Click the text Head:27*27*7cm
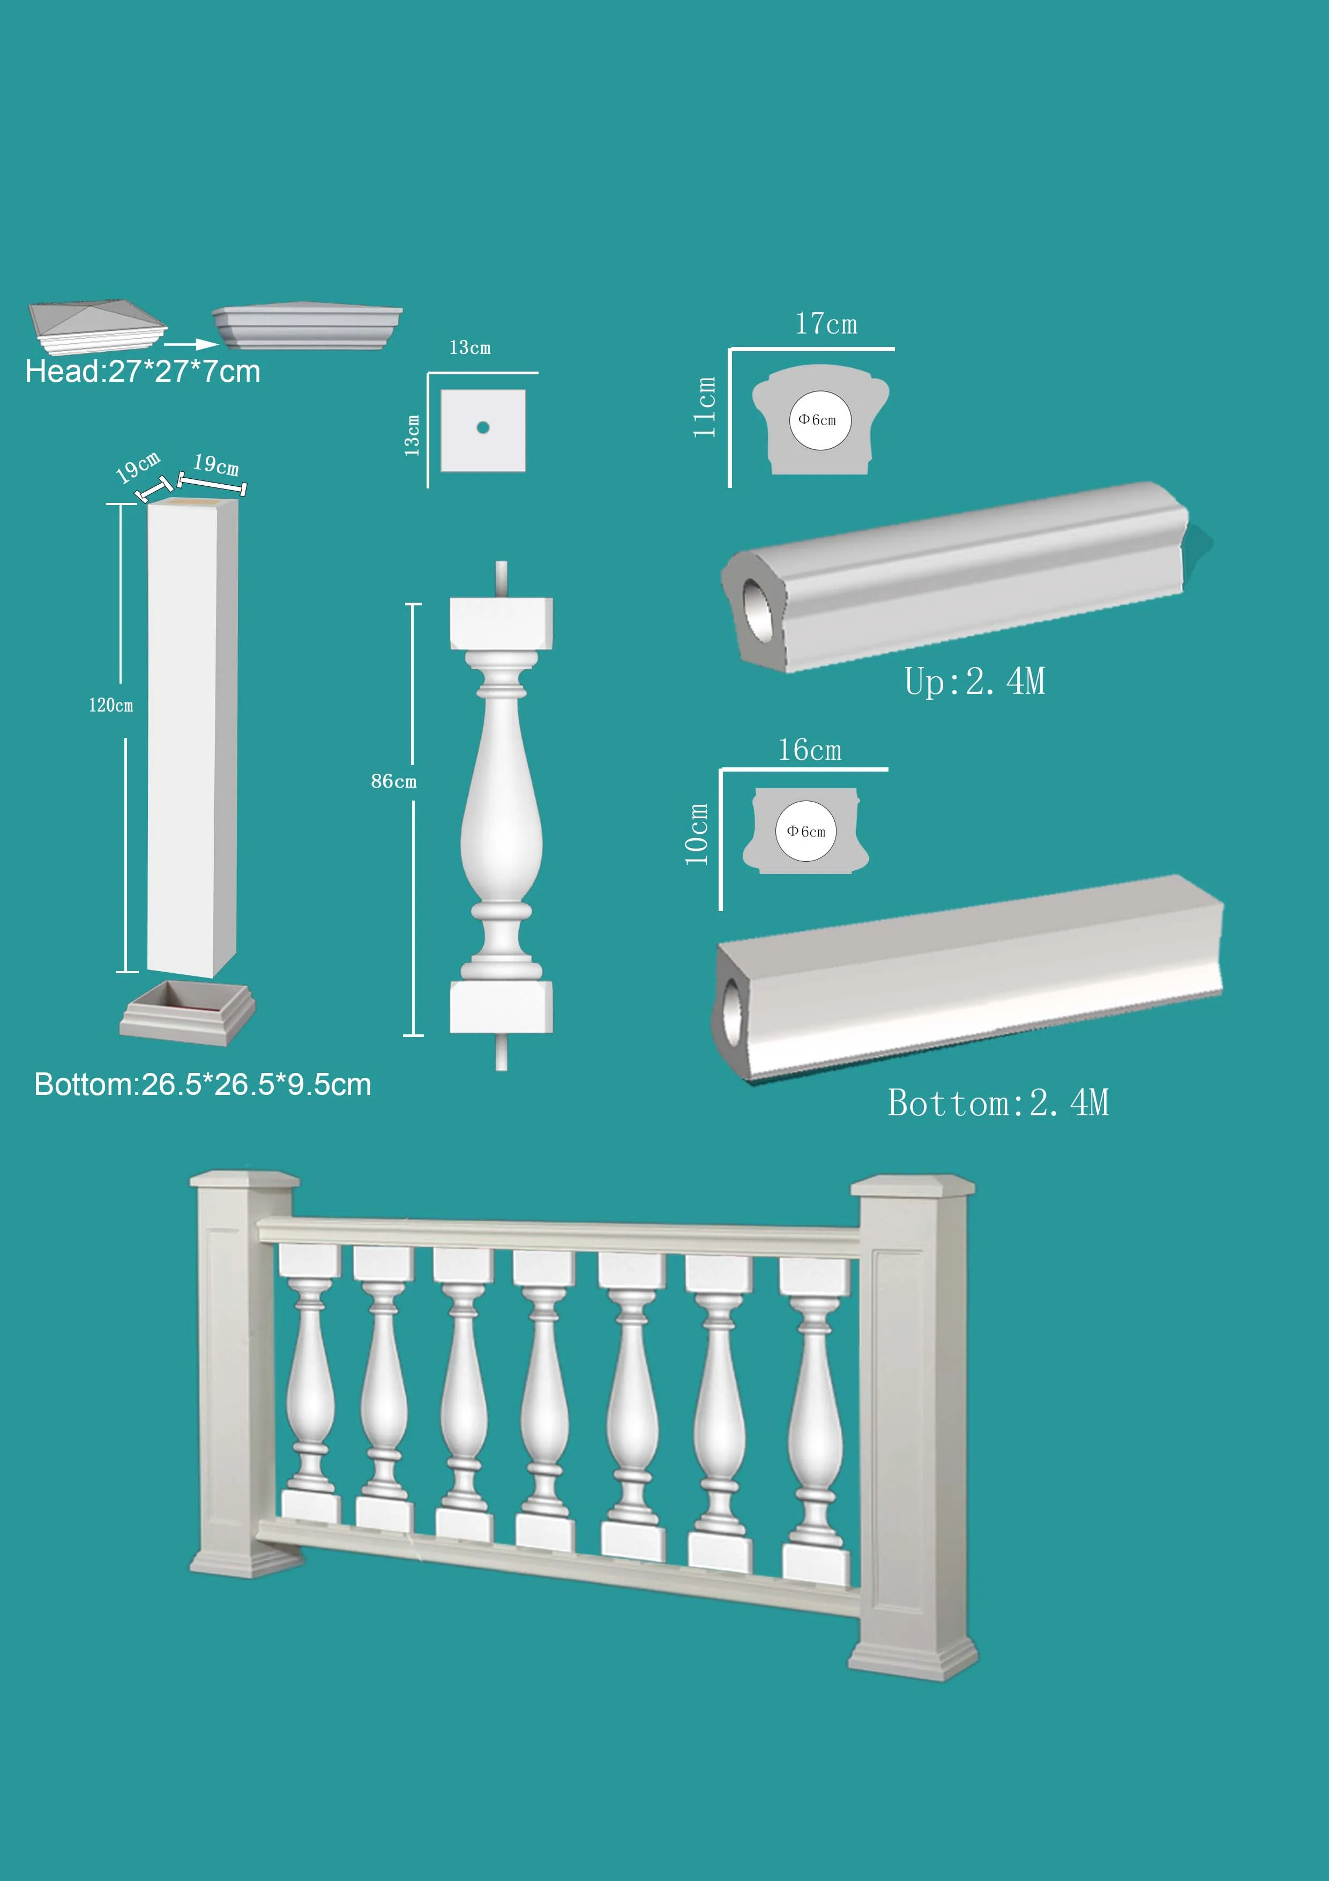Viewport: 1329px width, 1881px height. [x=143, y=372]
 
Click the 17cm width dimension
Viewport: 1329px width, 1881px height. [x=826, y=324]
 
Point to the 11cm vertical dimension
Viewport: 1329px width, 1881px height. [x=704, y=407]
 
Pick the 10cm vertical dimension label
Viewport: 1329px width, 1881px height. [x=696, y=834]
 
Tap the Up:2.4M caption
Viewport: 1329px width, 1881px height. [x=974, y=682]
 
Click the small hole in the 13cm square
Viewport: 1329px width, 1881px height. [x=482, y=428]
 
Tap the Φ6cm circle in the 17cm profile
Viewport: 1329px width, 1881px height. [x=819, y=420]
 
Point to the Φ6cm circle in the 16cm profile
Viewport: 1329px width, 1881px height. [x=806, y=832]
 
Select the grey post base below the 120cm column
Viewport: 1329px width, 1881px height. [x=188, y=1015]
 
